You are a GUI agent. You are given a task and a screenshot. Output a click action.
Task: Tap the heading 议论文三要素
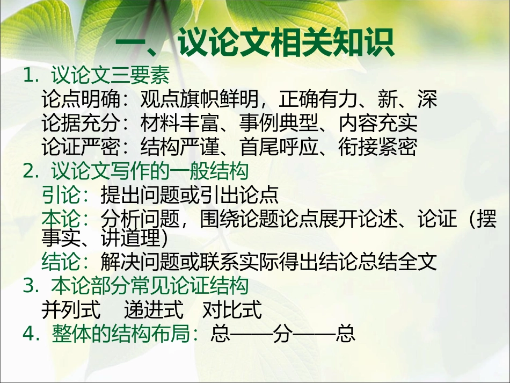(111, 76)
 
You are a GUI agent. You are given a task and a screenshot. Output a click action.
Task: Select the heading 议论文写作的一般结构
(150, 171)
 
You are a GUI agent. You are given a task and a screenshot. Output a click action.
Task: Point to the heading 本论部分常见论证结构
(150, 286)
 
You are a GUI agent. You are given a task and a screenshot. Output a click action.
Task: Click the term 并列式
(71, 310)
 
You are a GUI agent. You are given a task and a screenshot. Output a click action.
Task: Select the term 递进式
(154, 310)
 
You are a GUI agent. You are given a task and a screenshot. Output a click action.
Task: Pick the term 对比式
(232, 310)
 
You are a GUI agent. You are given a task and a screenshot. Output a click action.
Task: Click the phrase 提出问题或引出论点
(189, 196)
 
